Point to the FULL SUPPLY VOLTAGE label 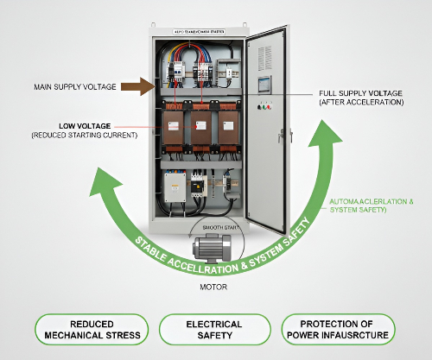[360, 92]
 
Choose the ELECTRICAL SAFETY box [214, 330]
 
